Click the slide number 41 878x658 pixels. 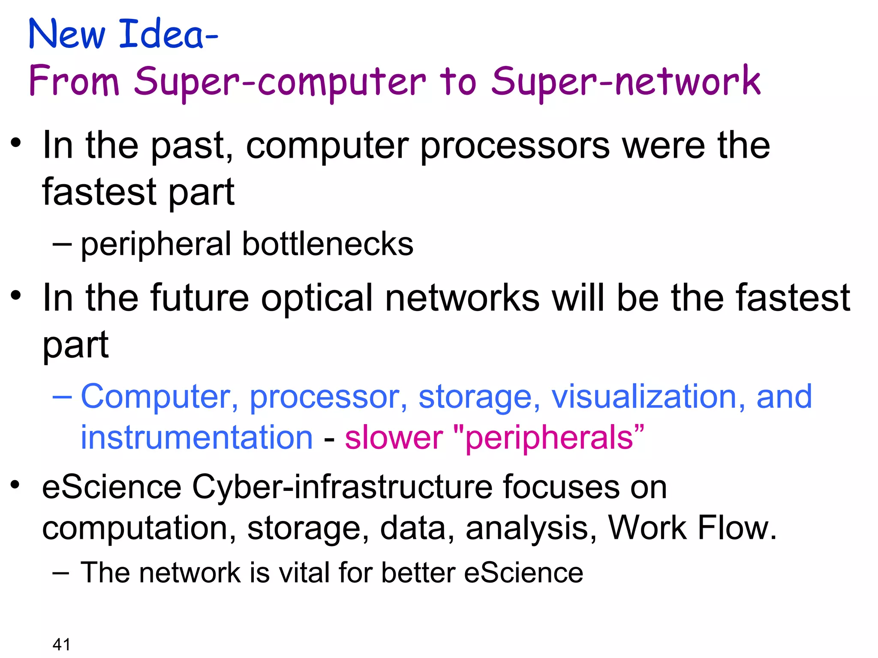point(61,644)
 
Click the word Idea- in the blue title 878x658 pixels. point(168,34)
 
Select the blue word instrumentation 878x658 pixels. point(197,438)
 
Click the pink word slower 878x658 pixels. point(394,438)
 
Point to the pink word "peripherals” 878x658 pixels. point(548,438)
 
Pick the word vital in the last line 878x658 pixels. point(305,572)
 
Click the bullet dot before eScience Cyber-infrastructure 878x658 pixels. point(16,485)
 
